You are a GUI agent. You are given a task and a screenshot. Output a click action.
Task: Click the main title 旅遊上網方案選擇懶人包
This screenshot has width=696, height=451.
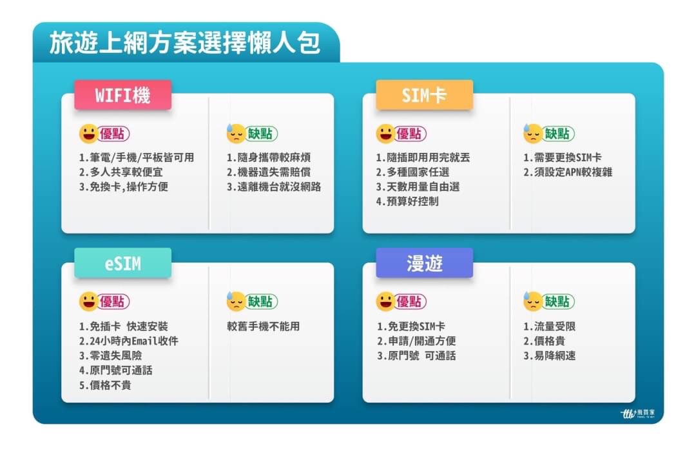tap(185, 43)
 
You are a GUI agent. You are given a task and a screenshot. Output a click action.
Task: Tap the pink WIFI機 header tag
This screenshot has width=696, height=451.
tap(123, 95)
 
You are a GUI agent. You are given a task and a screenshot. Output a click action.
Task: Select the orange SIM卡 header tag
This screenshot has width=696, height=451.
tap(424, 95)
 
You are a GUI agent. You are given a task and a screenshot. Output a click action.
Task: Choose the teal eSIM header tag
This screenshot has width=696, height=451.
tap(123, 263)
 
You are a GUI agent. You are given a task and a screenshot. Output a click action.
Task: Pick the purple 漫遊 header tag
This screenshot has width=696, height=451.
tap(424, 263)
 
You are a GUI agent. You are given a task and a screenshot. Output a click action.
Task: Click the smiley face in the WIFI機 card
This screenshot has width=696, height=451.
tap(88, 134)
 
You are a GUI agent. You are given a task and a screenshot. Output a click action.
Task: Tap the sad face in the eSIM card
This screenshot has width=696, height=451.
tap(236, 301)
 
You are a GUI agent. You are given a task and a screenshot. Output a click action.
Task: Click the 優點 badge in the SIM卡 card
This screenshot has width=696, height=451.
tap(410, 134)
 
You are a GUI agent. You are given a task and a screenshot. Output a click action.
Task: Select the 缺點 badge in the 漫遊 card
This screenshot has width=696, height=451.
tap(557, 301)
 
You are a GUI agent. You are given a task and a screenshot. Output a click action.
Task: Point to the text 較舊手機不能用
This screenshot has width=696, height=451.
tap(263, 326)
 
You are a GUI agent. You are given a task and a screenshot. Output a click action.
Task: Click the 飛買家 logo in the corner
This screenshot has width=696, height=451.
tap(637, 414)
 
